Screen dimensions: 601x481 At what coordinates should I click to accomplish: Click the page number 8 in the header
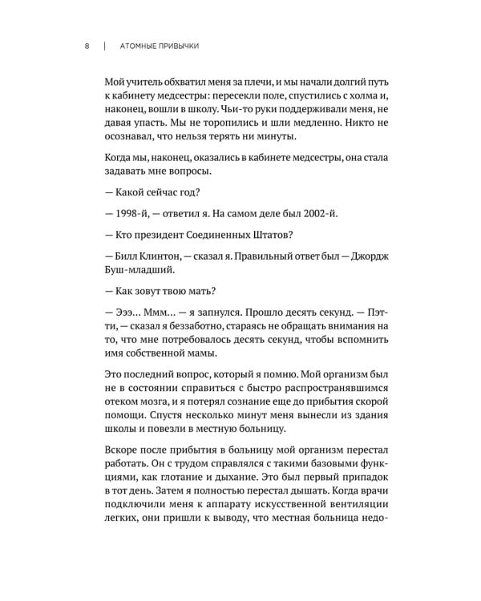[86, 46]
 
